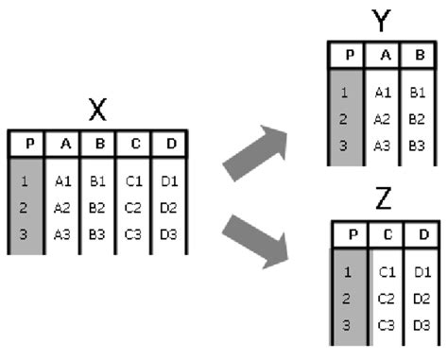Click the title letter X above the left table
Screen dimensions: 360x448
(x=96, y=112)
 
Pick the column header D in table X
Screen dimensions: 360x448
(x=169, y=144)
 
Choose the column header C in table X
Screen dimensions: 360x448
(x=133, y=144)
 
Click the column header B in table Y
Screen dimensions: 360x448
(x=416, y=54)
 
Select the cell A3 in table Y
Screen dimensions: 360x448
(x=382, y=146)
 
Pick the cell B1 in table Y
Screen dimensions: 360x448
(x=416, y=94)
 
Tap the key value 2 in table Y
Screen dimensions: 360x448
(x=346, y=120)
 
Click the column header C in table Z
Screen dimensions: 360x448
(x=388, y=233)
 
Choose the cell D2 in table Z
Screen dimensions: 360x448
(x=422, y=300)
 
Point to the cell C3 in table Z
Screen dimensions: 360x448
(x=388, y=326)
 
